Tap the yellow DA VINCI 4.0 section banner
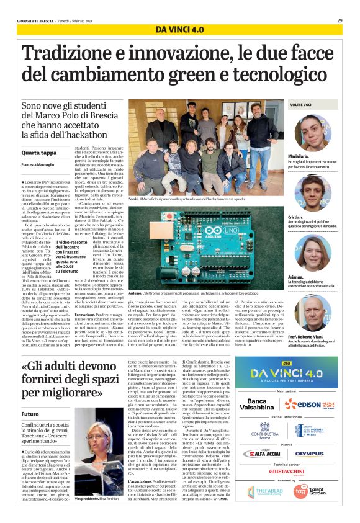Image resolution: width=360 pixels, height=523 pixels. coord(179,30)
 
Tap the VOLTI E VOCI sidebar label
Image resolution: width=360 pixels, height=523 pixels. coord(302,106)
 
